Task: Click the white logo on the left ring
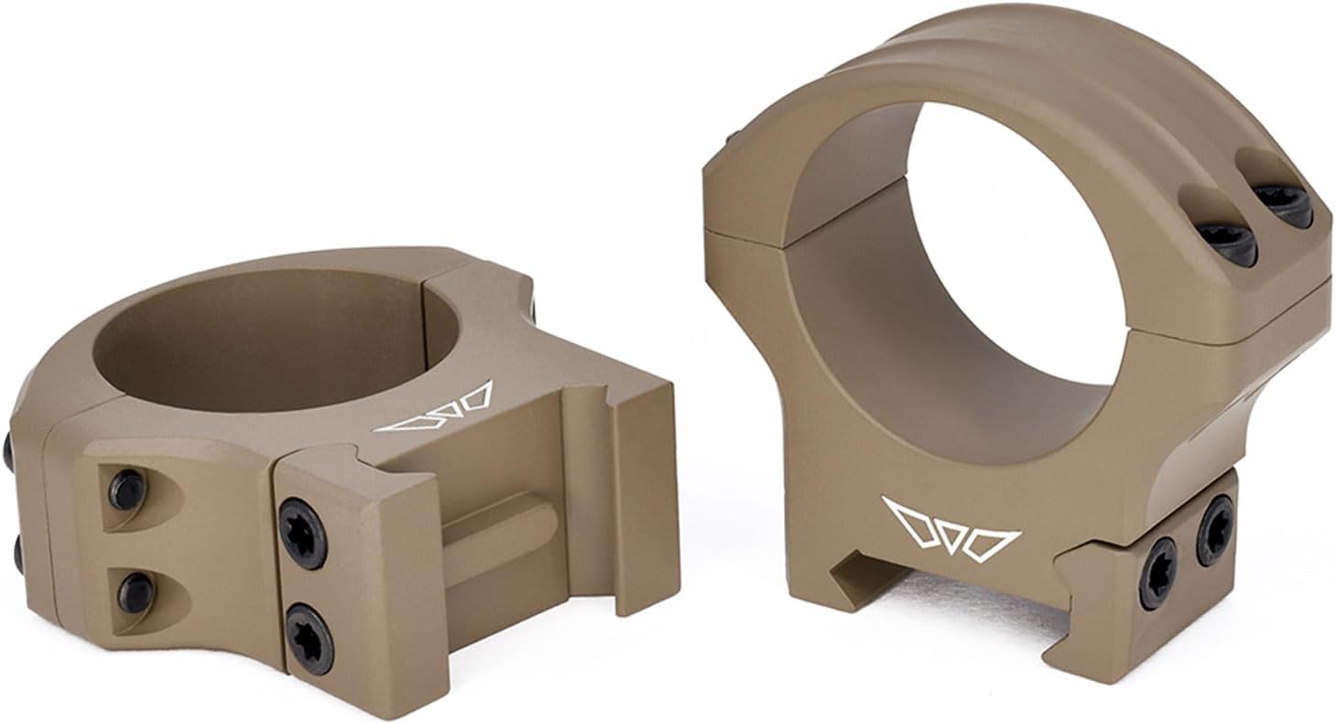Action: coord(433,408)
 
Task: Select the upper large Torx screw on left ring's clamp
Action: coord(302,534)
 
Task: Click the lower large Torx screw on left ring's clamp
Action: coord(309,635)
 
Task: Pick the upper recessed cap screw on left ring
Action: coord(127,490)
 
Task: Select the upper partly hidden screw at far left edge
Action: coord(7,449)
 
